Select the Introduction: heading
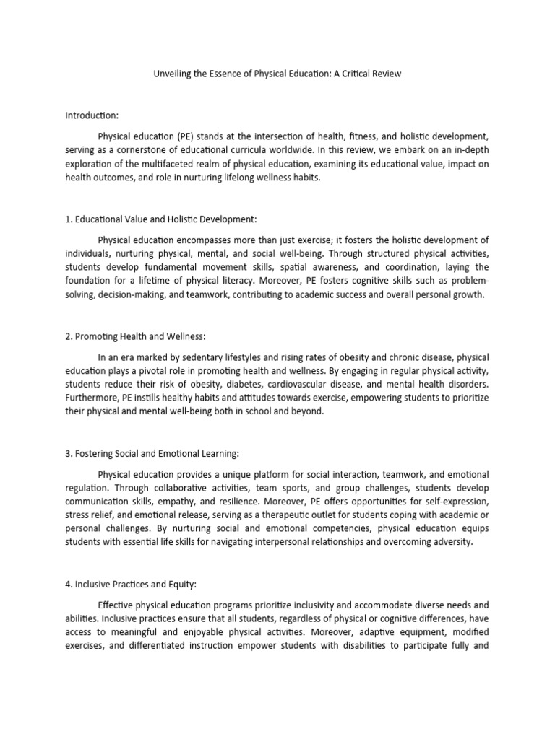pos(92,115)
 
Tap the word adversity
pos(454,542)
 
